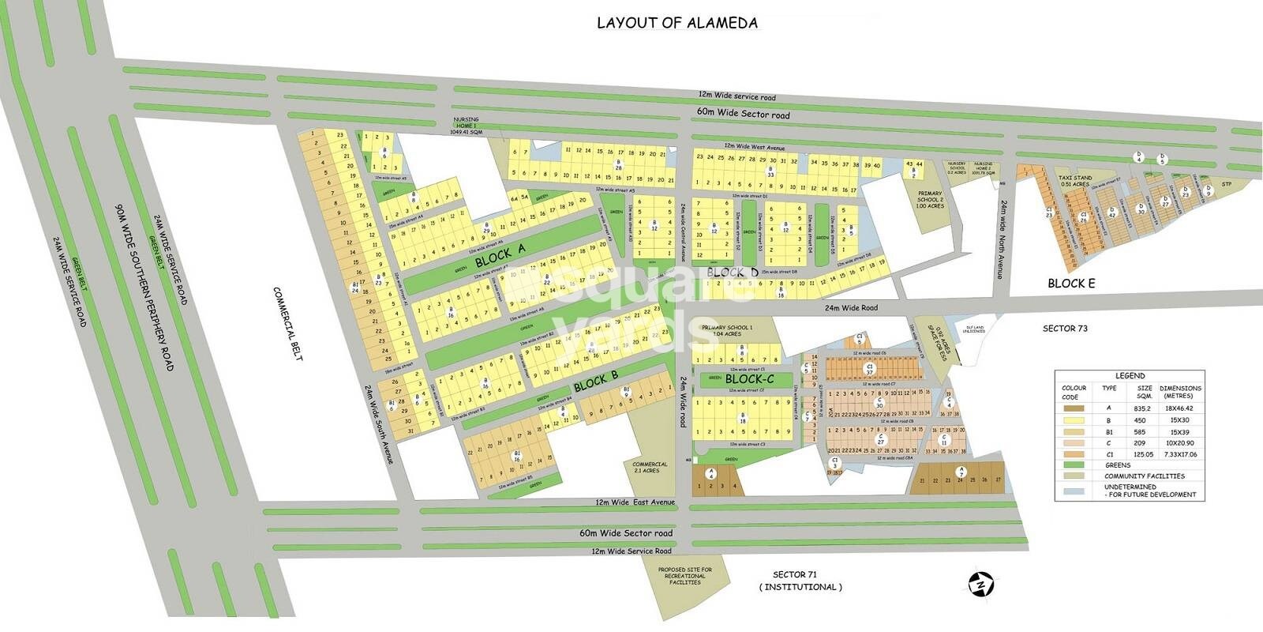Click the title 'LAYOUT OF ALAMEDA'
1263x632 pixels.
tap(676, 23)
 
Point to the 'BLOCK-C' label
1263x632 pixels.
tap(749, 380)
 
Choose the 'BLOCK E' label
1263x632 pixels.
tap(1070, 283)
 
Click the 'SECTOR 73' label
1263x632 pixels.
tap(1064, 328)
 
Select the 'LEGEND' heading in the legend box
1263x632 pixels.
tap(1130, 376)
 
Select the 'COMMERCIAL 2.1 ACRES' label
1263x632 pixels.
tap(650, 468)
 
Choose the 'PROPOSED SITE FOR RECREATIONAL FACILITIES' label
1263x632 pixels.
tap(684, 576)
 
